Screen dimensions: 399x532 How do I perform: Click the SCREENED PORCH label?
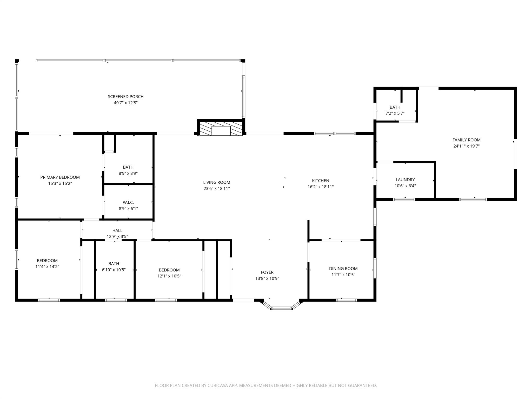point(126,97)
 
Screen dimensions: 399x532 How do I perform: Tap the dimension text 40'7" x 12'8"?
point(126,103)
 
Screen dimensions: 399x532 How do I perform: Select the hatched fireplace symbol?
point(221,129)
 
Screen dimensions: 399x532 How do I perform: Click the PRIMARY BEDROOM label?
point(60,177)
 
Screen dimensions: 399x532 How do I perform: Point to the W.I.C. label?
point(128,202)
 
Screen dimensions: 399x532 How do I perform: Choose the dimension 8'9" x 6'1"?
point(128,209)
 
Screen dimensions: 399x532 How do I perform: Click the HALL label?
point(117,230)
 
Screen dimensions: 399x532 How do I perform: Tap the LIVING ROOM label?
point(217,182)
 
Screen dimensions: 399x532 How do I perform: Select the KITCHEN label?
point(321,181)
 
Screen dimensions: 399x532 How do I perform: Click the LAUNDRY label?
point(405,180)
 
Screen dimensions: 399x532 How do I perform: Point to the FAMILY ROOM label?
point(467,140)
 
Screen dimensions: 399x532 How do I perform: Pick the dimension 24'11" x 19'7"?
point(467,146)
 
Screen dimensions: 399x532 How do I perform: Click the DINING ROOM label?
point(343,269)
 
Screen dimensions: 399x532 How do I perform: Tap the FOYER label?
point(267,272)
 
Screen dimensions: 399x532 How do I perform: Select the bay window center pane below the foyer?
point(282,308)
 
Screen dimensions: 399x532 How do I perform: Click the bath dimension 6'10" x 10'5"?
point(114,270)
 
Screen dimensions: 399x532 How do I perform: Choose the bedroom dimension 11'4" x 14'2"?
point(47,267)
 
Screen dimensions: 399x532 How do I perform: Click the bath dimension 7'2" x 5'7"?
point(395,113)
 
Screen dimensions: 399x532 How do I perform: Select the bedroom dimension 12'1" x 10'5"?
point(169,276)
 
